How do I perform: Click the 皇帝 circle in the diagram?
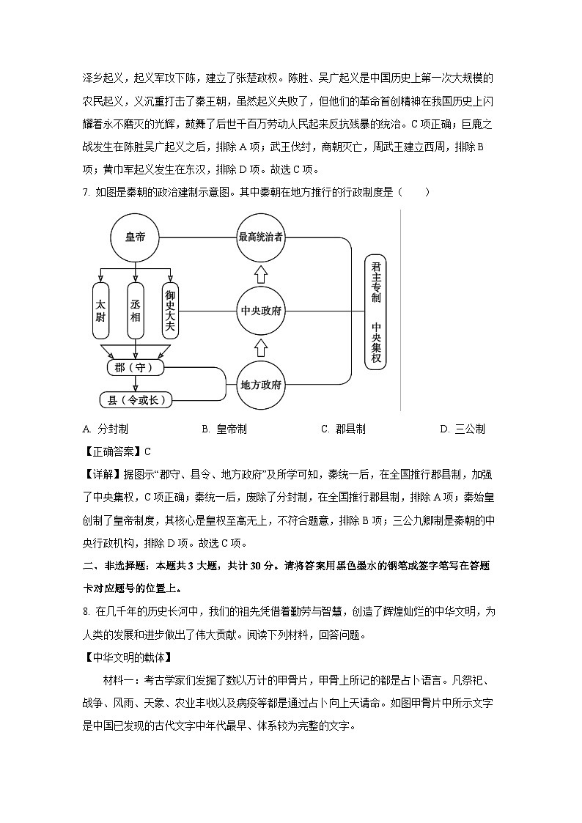tap(135, 237)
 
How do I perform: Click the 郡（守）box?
tap(135, 366)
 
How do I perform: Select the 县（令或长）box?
tap(135, 400)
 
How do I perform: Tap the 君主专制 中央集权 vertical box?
tap(375, 311)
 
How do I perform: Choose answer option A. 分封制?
tap(106, 429)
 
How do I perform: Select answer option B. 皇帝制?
tap(224, 429)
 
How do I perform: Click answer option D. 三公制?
tap(463, 429)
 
